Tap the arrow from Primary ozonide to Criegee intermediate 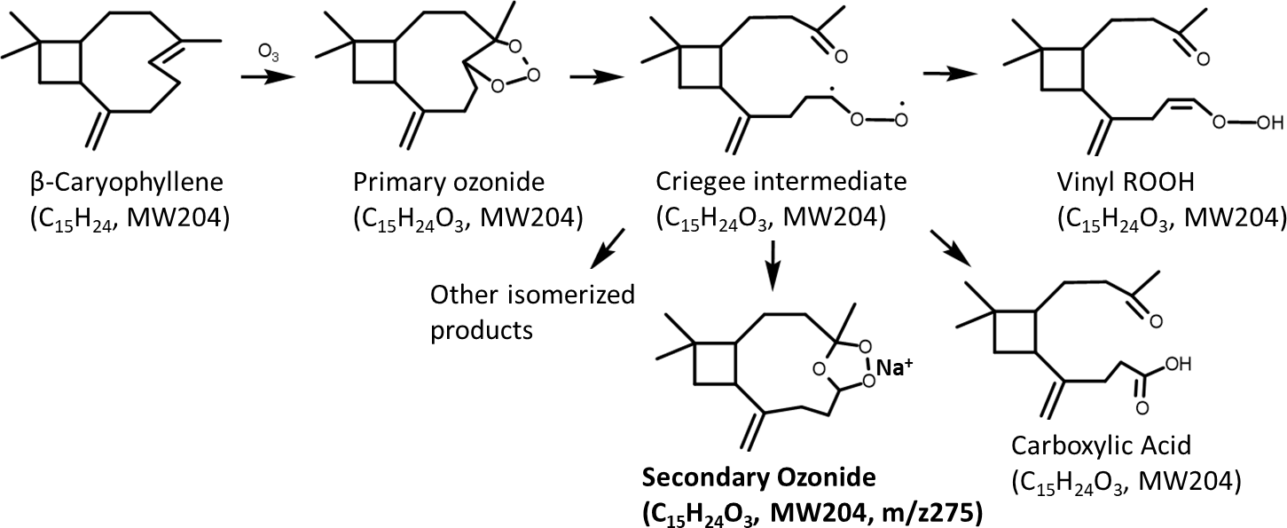tap(588, 77)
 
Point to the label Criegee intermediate tap(781, 185)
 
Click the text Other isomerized tap(532, 295)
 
